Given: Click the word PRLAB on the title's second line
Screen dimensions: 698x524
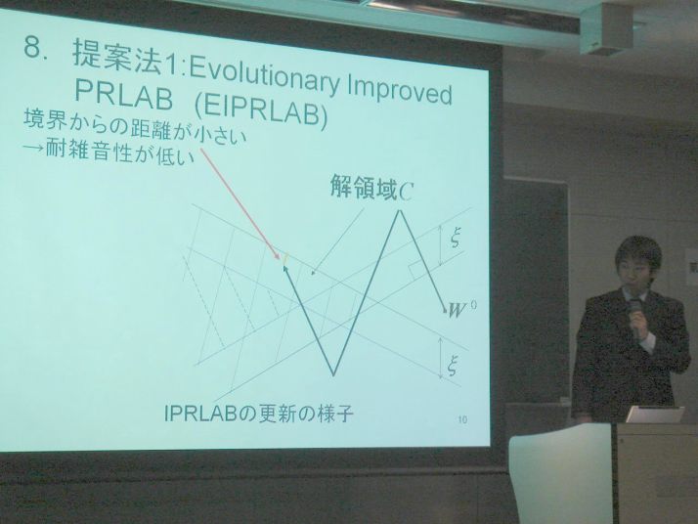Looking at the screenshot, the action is [x=123, y=96].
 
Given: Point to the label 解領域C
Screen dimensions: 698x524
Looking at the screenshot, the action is [x=371, y=189].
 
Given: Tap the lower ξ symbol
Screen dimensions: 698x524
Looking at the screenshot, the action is [x=454, y=366].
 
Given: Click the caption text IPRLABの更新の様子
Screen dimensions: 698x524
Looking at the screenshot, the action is [x=259, y=414].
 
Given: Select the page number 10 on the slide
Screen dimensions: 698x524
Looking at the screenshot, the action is [x=462, y=419].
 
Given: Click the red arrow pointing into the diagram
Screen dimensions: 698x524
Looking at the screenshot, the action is [x=240, y=204].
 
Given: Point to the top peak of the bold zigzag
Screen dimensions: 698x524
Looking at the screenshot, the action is [x=399, y=210].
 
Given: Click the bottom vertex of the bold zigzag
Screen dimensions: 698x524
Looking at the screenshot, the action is [x=333, y=374].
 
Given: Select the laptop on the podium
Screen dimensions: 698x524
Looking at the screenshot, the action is [x=655, y=415].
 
